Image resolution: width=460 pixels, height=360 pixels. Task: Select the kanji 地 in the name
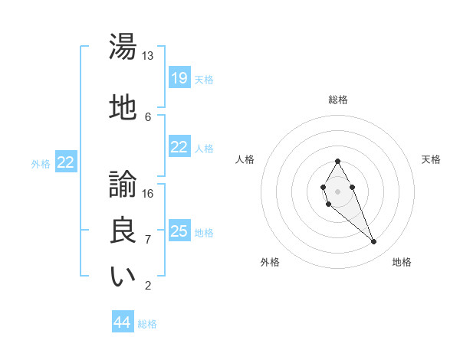point(123,108)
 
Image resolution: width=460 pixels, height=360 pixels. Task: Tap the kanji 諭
point(123,184)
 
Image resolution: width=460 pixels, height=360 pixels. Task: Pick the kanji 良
point(123,231)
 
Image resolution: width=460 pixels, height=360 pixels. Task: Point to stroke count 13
point(147,56)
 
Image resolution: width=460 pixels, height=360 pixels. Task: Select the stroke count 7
point(147,240)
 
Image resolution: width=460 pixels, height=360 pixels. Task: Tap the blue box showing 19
point(179,77)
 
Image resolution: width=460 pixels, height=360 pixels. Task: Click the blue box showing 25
point(179,231)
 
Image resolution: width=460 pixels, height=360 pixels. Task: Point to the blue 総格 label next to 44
point(147,324)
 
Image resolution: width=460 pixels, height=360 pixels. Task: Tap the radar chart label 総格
point(337,100)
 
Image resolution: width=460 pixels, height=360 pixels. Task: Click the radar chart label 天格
point(431,159)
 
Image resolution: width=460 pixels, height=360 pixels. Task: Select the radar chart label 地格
point(402,262)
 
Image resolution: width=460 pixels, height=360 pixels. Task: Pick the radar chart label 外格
point(270,262)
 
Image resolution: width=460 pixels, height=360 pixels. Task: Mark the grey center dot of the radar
point(337,190)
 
